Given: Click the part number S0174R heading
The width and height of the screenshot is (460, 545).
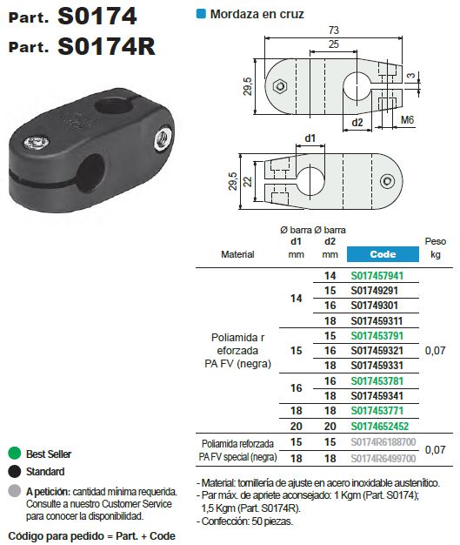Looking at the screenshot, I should (x=107, y=46).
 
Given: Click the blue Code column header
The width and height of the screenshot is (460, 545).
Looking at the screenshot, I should (x=383, y=255).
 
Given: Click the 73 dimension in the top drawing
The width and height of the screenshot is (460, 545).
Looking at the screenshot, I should (x=333, y=30).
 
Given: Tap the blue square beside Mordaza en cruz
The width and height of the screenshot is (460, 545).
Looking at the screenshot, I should (x=201, y=14).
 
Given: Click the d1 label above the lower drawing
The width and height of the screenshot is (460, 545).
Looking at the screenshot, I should (x=310, y=138).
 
